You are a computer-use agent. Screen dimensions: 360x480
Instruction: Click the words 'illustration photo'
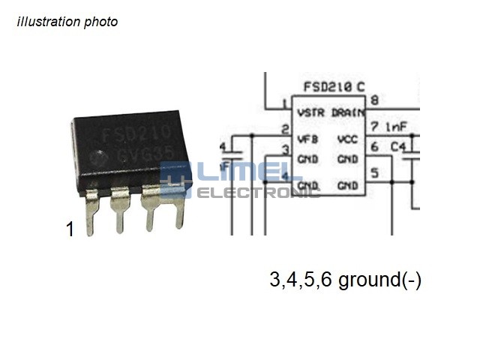tap(67, 22)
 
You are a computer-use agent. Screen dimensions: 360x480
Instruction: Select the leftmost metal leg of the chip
tap(91, 214)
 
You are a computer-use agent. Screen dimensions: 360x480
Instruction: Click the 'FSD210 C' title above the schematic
tap(334, 87)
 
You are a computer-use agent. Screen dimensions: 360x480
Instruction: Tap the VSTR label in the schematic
tap(310, 112)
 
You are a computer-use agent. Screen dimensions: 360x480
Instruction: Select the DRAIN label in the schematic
tap(347, 112)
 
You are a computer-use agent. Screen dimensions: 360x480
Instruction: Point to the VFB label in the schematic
tap(307, 139)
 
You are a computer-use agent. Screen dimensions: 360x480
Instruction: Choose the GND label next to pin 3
tap(307, 159)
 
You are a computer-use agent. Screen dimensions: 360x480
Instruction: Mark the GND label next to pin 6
tap(347, 159)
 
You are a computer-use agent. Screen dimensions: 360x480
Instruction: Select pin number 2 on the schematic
tap(285, 129)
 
